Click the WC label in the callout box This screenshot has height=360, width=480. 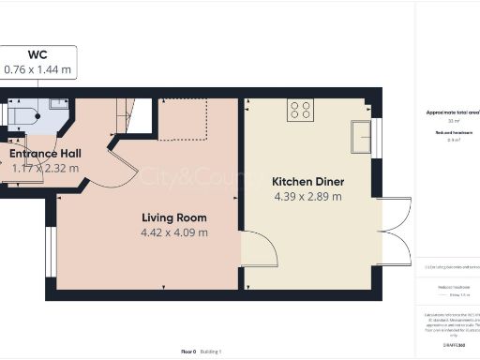(x=38, y=54)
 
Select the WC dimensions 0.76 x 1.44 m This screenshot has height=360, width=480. (x=38, y=68)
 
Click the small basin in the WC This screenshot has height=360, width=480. (x=55, y=105)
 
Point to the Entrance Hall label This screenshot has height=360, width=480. (x=45, y=154)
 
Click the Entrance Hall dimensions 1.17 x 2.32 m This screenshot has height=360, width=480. (x=45, y=169)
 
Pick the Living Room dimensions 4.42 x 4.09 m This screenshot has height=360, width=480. (x=173, y=232)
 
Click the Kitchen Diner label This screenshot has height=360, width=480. (x=307, y=182)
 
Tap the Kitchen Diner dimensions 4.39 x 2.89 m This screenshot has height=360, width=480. (x=307, y=197)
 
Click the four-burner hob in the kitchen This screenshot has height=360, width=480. (x=300, y=110)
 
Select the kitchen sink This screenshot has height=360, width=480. (x=363, y=137)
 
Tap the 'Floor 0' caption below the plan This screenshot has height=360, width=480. (x=188, y=351)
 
